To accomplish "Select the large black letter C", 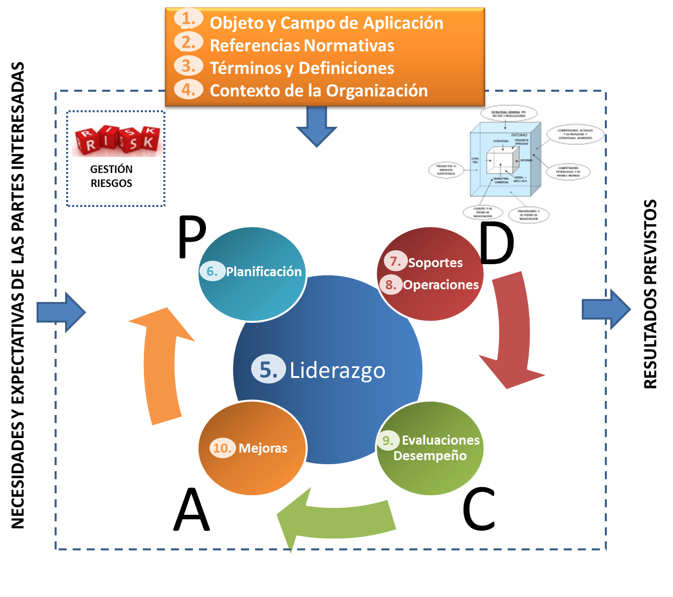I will click(x=479, y=510).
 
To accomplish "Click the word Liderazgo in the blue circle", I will click(x=337, y=370).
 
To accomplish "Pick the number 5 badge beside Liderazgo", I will click(x=268, y=370).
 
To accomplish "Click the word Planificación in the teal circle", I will click(x=264, y=272).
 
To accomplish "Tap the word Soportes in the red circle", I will click(x=435, y=263).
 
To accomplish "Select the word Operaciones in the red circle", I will click(x=441, y=285).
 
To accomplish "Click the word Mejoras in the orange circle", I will click(x=263, y=448).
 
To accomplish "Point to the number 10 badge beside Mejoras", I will click(x=222, y=448).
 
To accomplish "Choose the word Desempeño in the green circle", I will click(x=430, y=456).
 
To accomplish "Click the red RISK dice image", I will click(x=118, y=140).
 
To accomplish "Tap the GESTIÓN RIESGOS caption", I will click(x=111, y=176).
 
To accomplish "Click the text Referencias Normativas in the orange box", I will click(x=302, y=46).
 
